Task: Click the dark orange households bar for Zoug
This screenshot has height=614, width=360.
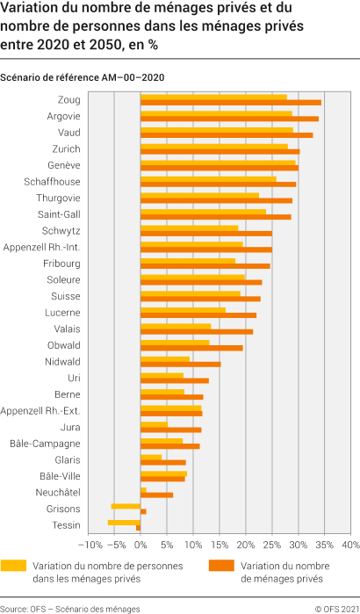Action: coord(231,103)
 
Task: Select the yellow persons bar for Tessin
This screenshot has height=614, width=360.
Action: coord(125,523)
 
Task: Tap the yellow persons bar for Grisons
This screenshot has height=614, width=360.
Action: coord(126,506)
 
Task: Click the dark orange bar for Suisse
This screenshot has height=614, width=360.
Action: coord(201,299)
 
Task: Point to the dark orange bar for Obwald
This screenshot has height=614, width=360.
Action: coord(192,348)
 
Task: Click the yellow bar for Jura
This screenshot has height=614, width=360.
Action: coord(155,424)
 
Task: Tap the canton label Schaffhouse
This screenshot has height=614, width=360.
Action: coord(53,181)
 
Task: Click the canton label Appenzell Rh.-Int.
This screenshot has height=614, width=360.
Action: coord(43,247)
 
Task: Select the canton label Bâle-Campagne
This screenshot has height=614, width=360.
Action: coord(45,444)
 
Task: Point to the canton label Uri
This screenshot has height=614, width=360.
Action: coord(74,378)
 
